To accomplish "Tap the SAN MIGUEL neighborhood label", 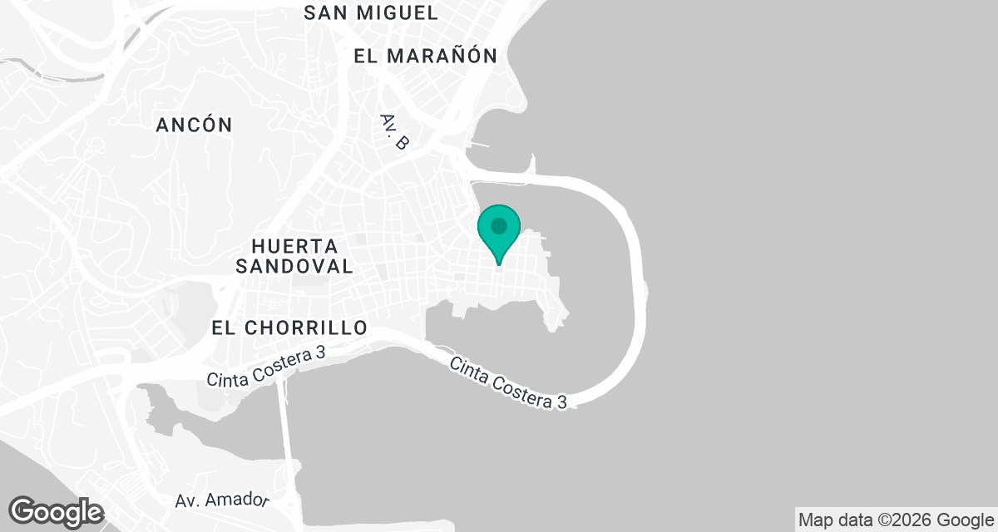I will pyautogui.click(x=371, y=12).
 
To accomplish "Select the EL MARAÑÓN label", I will pyautogui.click(x=425, y=56).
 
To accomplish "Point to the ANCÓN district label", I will pyautogui.click(x=195, y=125).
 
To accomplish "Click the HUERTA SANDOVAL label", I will pyautogui.click(x=294, y=256).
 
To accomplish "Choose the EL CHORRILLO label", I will pyautogui.click(x=289, y=328).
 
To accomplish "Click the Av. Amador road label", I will pyautogui.click(x=223, y=500).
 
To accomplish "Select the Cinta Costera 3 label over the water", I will pyautogui.click(x=509, y=383).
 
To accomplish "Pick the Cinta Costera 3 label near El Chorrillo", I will pyautogui.click(x=265, y=367).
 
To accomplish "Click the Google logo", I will pyautogui.click(x=57, y=511).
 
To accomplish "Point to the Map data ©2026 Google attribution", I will pyautogui.click(x=895, y=520).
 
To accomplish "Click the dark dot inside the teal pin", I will pyautogui.click(x=499, y=225).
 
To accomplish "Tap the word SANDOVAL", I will pyautogui.click(x=294, y=266).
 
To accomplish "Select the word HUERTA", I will pyautogui.click(x=294, y=247).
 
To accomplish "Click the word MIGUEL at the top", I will pyautogui.click(x=398, y=12).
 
